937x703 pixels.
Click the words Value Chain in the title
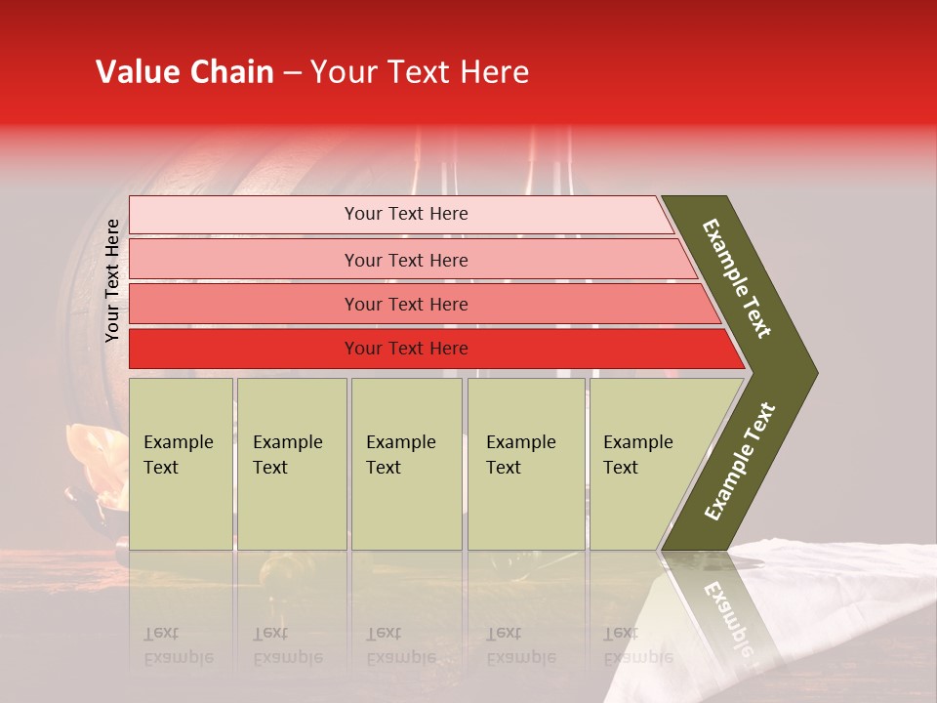pyautogui.click(x=184, y=72)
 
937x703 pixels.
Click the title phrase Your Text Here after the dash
pyautogui.click(x=420, y=72)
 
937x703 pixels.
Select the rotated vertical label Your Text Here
pyautogui.click(x=112, y=280)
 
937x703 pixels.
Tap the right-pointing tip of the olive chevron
pyautogui.click(x=805, y=372)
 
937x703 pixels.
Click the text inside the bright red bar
pyautogui.click(x=406, y=349)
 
